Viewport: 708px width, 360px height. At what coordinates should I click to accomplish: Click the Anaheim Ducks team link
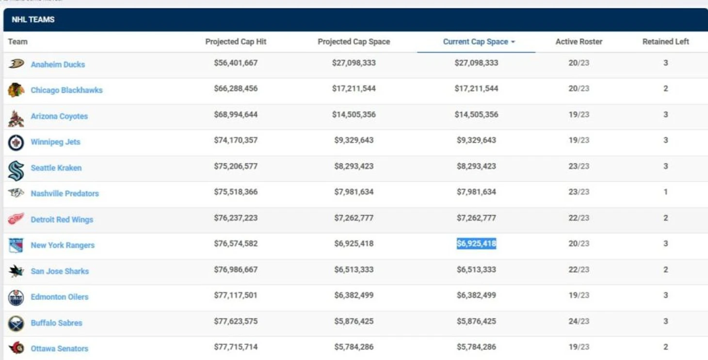pyautogui.click(x=58, y=64)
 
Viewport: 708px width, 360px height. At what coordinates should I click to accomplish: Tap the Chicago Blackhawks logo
pyautogui.click(x=16, y=90)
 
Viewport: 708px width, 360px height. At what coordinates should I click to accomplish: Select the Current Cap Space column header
pyautogui.click(x=476, y=42)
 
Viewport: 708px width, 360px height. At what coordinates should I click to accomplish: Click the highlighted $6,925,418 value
pyautogui.click(x=476, y=244)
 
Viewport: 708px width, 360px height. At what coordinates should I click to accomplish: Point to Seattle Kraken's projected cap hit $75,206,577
pyautogui.click(x=236, y=166)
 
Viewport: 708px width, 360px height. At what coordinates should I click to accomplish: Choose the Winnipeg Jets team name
pyautogui.click(x=55, y=142)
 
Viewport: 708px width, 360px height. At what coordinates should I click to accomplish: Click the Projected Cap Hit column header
pyautogui.click(x=236, y=42)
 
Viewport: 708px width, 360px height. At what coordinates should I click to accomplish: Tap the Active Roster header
pyautogui.click(x=579, y=42)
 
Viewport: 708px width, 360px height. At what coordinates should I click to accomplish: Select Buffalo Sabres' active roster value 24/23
pyautogui.click(x=579, y=321)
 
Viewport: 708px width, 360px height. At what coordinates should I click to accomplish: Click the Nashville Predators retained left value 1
pyautogui.click(x=665, y=192)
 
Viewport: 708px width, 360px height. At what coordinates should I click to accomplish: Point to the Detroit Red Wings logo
pyautogui.click(x=16, y=219)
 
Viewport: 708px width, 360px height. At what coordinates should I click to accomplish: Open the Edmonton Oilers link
pyautogui.click(x=60, y=297)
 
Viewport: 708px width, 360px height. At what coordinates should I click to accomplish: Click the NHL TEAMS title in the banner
pyautogui.click(x=33, y=20)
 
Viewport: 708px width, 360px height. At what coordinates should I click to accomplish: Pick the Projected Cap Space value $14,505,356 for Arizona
pyautogui.click(x=354, y=115)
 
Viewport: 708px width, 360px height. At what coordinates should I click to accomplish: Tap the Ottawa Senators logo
pyautogui.click(x=16, y=348)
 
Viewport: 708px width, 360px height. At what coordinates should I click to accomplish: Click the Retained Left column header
pyautogui.click(x=665, y=42)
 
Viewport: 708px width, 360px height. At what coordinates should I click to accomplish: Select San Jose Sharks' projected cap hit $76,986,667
pyautogui.click(x=236, y=269)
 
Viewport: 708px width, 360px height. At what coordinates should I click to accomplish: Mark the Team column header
pyautogui.click(x=18, y=42)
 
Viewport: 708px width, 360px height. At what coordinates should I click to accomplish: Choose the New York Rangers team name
pyautogui.click(x=63, y=245)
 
